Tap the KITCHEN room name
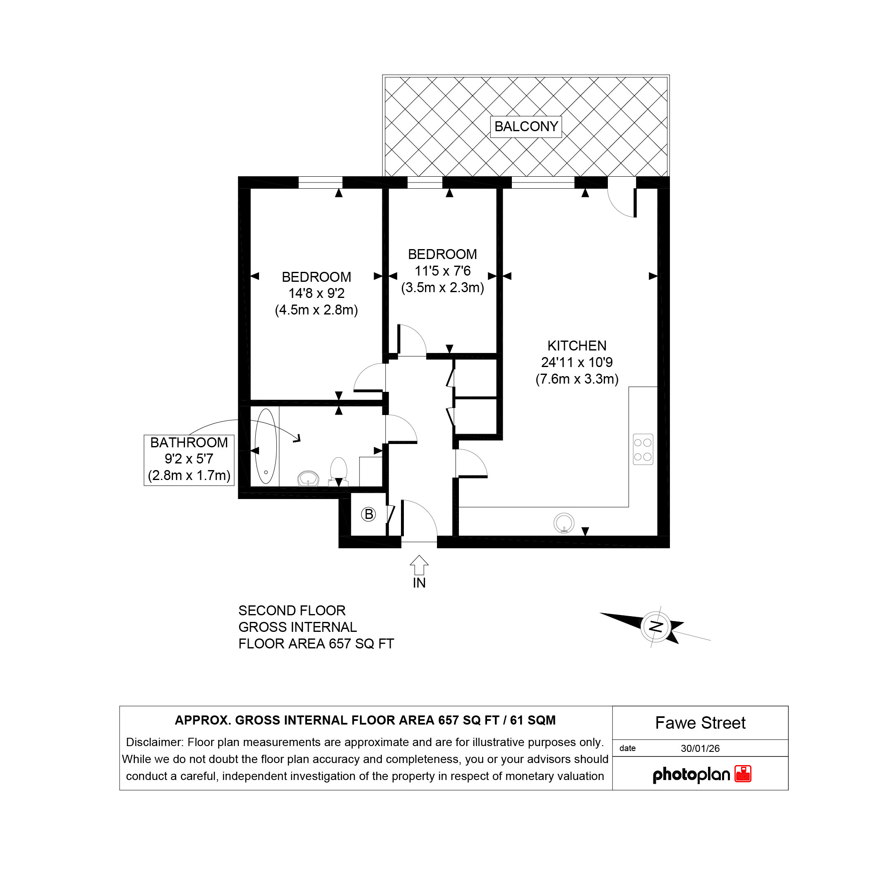tap(577, 346)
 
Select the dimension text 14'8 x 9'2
tap(316, 293)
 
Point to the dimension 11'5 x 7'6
tap(443, 271)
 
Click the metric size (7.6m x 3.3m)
tap(577, 379)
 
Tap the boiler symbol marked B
tap(368, 514)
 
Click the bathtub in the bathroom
tap(266, 446)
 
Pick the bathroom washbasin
tap(308, 478)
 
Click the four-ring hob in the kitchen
tap(643, 449)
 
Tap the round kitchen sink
tap(564, 523)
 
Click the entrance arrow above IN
tap(419, 565)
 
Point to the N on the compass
tap(656, 626)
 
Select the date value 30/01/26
tap(700, 748)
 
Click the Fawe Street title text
tap(700, 723)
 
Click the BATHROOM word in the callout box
tap(189, 443)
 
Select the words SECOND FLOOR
tap(292, 610)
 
